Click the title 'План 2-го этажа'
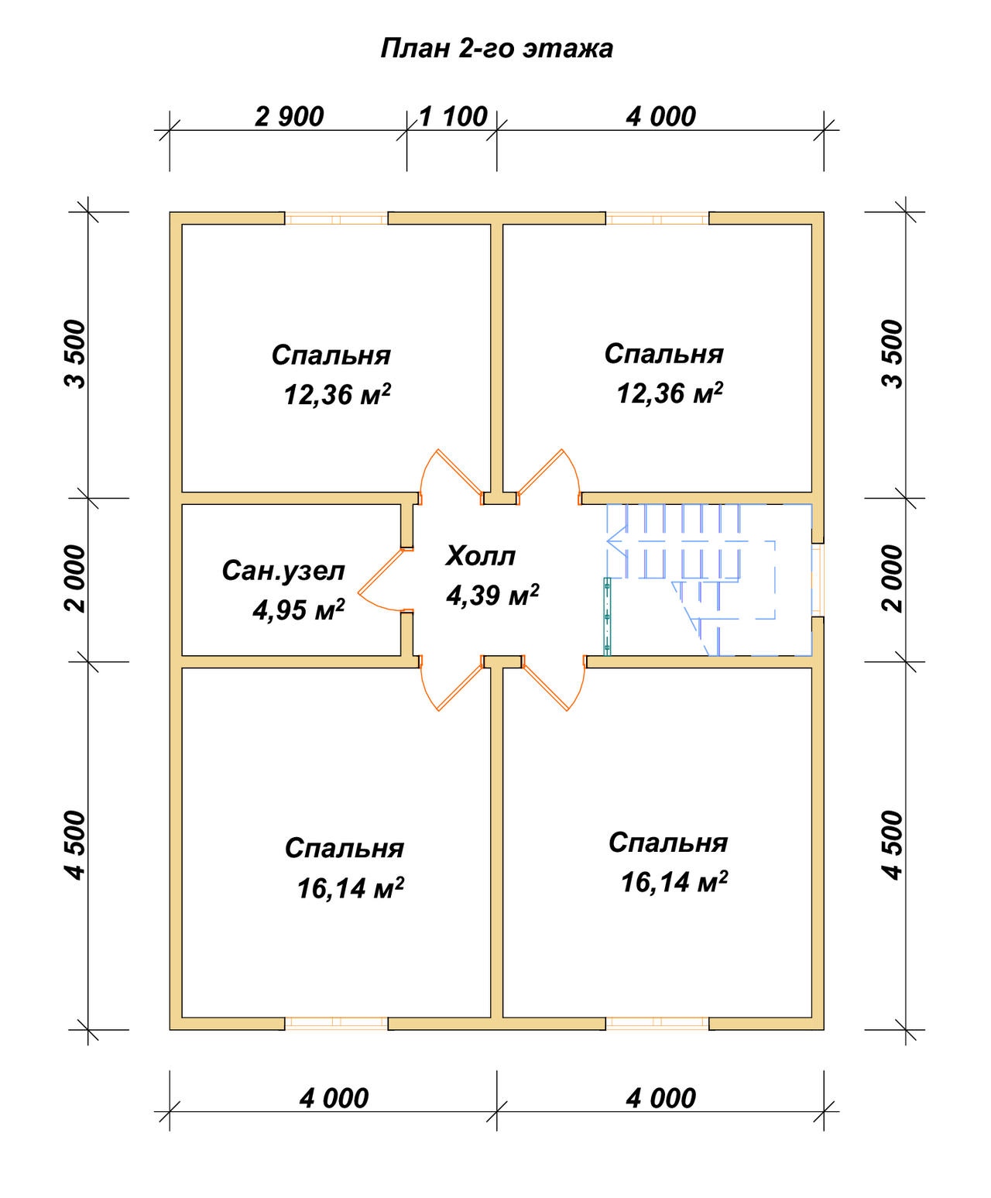(496, 49)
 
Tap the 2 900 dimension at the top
(290, 117)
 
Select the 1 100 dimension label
(453, 116)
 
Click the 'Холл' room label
(480, 556)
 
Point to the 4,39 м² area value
(492, 595)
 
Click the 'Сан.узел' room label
(283, 571)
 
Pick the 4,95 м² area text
(298, 610)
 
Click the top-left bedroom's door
(451, 476)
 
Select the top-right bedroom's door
(549, 476)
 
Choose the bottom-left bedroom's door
(451, 683)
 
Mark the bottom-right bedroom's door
(554, 683)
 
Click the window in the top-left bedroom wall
(336, 218)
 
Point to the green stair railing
(607, 616)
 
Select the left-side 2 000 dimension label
(75, 578)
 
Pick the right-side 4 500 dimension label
(893, 845)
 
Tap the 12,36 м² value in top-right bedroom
(670, 393)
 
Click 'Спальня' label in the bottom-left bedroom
(345, 848)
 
